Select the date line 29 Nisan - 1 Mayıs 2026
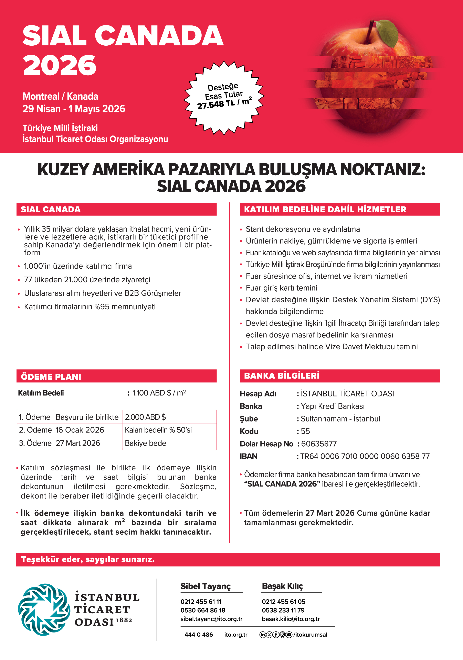point(74,109)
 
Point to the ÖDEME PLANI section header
point(51,377)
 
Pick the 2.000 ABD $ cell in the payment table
point(145,417)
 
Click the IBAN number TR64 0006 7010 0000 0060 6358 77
point(365,456)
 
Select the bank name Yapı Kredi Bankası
point(333,406)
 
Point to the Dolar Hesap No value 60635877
point(319,444)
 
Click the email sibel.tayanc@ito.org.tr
point(211,619)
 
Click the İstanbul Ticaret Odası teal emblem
point(44,609)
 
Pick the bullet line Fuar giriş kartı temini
point(281,288)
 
